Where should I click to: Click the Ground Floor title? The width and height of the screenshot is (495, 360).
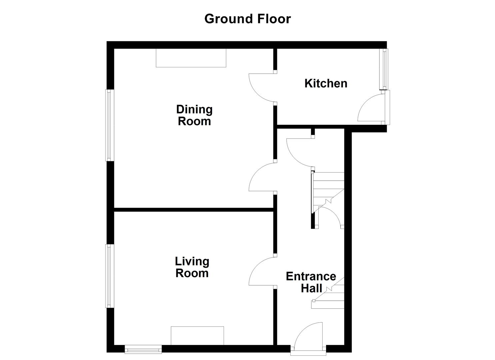pyautogui.click(x=247, y=19)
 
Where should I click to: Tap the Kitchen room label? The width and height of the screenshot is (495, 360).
pyautogui.click(x=326, y=83)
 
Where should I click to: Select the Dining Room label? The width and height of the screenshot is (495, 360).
pyautogui.click(x=194, y=115)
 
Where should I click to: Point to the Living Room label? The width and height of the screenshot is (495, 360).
pyautogui.click(x=192, y=267)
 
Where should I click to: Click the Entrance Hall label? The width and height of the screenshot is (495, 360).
pyautogui.click(x=311, y=282)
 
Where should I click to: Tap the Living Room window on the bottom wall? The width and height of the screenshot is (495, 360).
pyautogui.click(x=143, y=349)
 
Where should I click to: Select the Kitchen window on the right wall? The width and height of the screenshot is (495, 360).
pyautogui.click(x=385, y=69)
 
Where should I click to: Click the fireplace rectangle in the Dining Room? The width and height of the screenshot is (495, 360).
pyautogui.click(x=191, y=58)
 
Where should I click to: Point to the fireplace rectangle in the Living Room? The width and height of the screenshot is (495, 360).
pyautogui.click(x=197, y=335)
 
